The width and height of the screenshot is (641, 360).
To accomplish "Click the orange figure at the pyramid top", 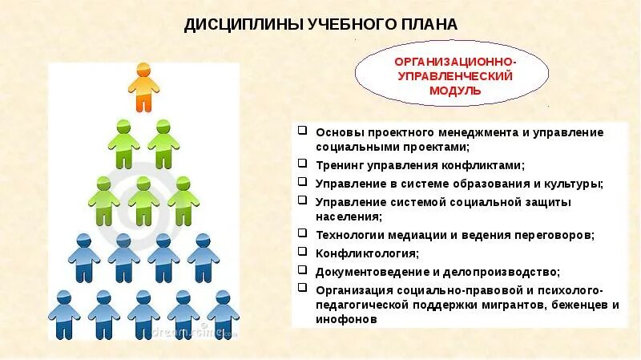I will pyautogui.click(x=143, y=87).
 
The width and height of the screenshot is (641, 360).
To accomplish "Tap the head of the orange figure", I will pyautogui.click(x=143, y=69).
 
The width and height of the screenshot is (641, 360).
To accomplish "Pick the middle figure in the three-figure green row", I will pyautogui.click(x=143, y=200).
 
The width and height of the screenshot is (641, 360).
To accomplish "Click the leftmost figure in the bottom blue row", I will pyautogui.click(x=64, y=315).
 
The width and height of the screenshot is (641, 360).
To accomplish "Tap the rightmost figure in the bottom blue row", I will pyautogui.click(x=222, y=315).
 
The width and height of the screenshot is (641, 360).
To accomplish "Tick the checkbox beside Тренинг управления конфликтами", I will pyautogui.click(x=300, y=164).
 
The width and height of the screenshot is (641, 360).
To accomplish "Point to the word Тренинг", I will pyautogui.click(x=340, y=166).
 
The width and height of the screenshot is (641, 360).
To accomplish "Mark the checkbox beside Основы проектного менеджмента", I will pyautogui.click(x=300, y=130).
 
